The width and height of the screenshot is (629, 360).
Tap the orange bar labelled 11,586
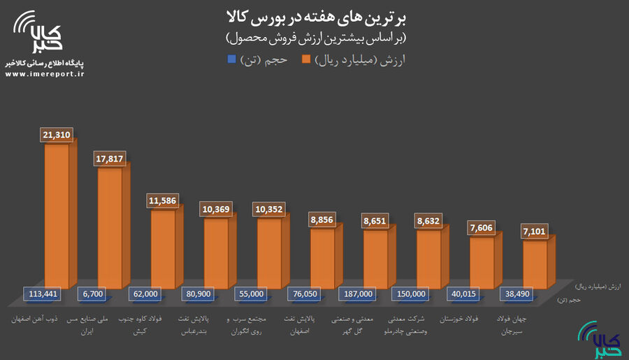(x=164, y=248)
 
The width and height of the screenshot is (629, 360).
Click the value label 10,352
(x=270, y=209)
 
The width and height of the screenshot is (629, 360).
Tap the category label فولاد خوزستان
(x=463, y=319)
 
